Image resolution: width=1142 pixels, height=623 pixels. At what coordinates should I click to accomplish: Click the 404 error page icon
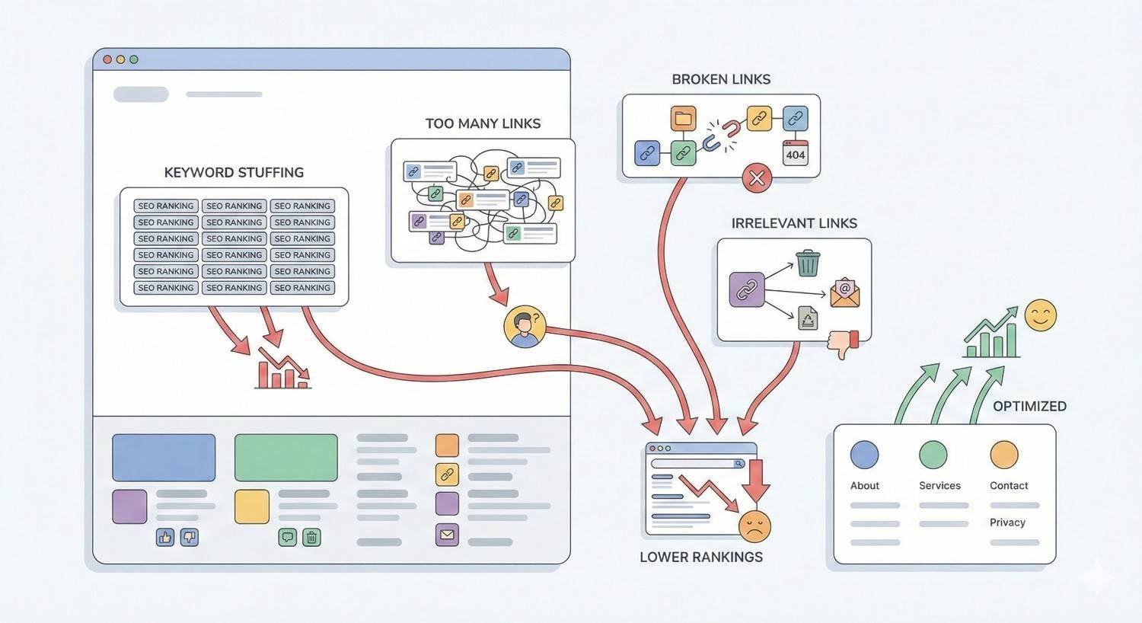click(x=796, y=152)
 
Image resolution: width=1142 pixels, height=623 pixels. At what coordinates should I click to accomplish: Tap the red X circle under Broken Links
click(x=757, y=178)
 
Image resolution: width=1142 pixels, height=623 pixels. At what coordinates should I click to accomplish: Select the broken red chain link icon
click(x=720, y=135)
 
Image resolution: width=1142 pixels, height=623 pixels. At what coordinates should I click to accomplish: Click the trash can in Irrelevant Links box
click(x=808, y=264)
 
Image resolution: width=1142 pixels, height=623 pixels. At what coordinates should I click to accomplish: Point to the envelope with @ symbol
click(x=844, y=293)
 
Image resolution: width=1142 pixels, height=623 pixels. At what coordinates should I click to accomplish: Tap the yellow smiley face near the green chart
click(x=1040, y=315)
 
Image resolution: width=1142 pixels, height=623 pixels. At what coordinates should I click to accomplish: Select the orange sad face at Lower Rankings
click(x=754, y=526)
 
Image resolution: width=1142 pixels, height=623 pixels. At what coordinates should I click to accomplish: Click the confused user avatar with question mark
click(x=525, y=327)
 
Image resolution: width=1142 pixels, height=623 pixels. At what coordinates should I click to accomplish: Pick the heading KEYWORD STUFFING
click(x=234, y=173)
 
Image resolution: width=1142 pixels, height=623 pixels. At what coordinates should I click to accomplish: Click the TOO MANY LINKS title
click(x=483, y=124)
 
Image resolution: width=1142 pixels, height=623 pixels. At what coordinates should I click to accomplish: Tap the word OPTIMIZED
click(x=1029, y=407)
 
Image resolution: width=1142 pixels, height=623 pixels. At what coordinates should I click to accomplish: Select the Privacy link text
click(x=1007, y=522)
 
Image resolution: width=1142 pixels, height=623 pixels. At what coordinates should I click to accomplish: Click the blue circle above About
click(x=864, y=455)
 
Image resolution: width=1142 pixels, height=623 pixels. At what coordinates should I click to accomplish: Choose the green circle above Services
click(x=933, y=455)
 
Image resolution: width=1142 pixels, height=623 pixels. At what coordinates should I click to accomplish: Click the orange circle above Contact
click(x=1003, y=455)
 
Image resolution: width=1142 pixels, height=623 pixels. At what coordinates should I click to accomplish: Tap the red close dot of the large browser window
click(x=107, y=59)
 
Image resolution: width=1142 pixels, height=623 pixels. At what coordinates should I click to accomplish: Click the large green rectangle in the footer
click(x=285, y=458)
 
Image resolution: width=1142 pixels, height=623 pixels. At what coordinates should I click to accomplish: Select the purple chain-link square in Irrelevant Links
click(x=746, y=289)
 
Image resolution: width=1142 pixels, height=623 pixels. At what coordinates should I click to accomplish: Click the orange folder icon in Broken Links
click(x=683, y=118)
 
